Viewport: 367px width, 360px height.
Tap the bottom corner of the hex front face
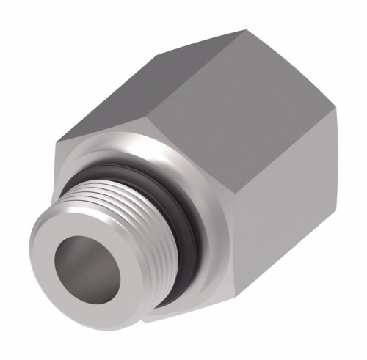coord(146,323)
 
